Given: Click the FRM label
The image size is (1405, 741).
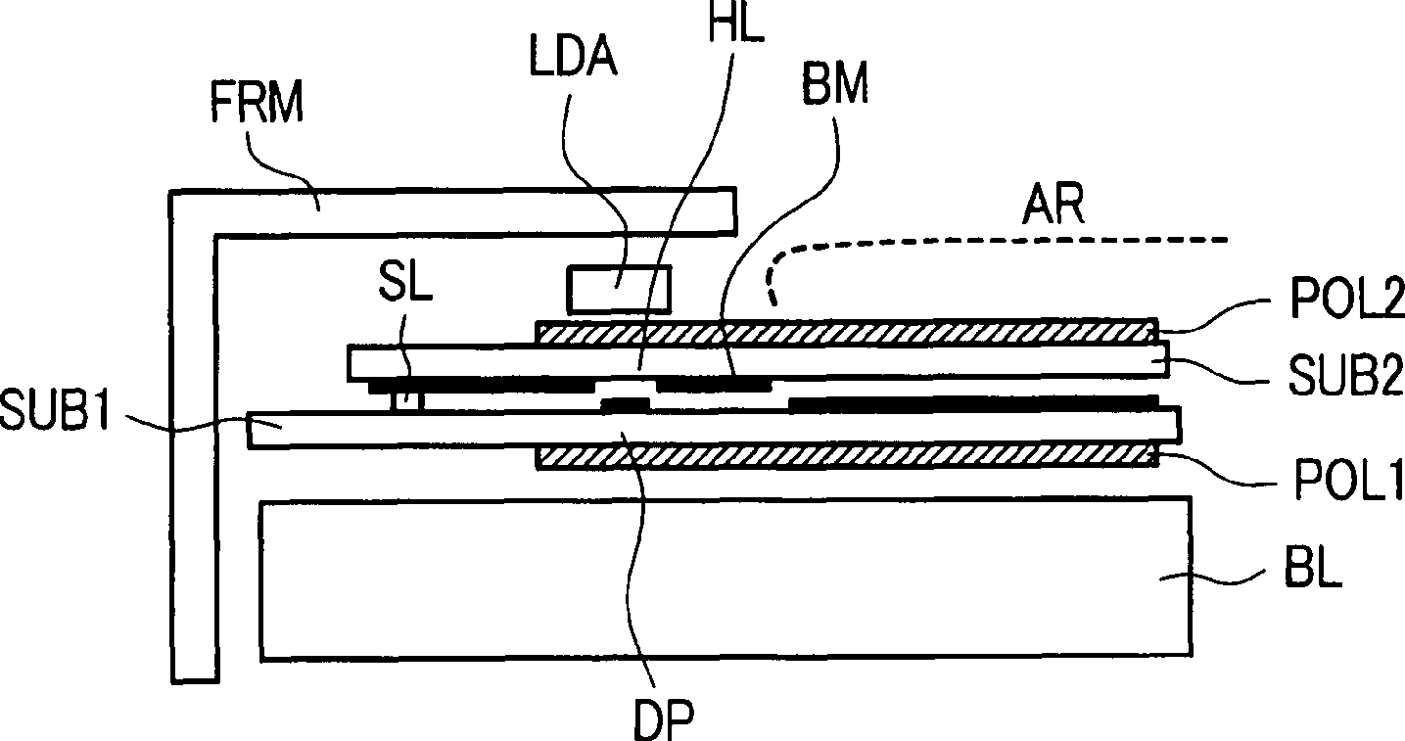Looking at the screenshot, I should [x=258, y=101].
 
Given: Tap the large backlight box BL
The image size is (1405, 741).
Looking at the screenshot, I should [x=725, y=578].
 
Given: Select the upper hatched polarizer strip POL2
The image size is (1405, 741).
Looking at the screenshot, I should [x=847, y=331].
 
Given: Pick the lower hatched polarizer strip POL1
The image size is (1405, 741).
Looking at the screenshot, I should [x=847, y=457].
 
